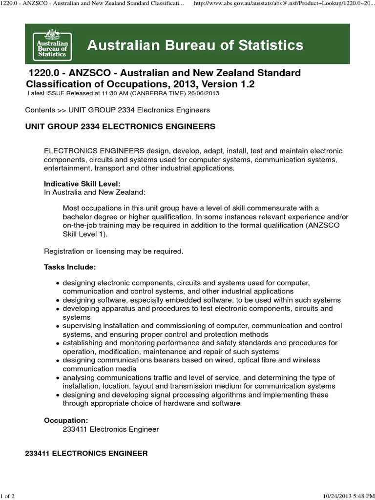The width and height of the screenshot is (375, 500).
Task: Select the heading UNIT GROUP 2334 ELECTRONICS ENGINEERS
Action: [x=120, y=126]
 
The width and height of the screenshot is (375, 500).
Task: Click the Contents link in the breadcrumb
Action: [x=40, y=110]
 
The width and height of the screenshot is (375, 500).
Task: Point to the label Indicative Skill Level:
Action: [x=82, y=184]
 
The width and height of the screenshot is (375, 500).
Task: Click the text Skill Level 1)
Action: [x=84, y=234]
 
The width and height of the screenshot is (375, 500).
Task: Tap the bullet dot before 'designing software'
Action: [x=58, y=300]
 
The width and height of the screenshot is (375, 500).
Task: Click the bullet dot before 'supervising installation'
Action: [x=58, y=326]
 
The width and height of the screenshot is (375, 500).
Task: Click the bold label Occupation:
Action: [x=66, y=420]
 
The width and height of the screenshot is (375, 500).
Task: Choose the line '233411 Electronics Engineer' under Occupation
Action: [x=111, y=429]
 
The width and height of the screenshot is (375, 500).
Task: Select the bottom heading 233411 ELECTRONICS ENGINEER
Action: [x=86, y=454]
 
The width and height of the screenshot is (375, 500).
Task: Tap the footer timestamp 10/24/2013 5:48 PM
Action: [x=348, y=496]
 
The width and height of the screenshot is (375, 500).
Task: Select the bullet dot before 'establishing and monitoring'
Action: [x=58, y=343]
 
